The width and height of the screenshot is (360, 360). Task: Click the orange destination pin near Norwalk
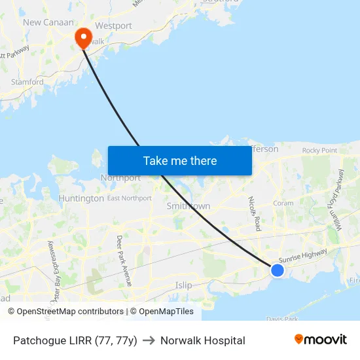(84, 37)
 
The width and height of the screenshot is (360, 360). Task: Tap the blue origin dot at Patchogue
(278, 270)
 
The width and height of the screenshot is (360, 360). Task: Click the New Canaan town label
(45, 22)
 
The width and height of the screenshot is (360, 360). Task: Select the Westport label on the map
(113, 26)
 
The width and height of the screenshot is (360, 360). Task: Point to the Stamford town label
(27, 82)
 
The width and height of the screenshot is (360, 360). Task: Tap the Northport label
(120, 178)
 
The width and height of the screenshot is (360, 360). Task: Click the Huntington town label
(81, 198)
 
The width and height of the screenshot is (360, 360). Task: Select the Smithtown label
(189, 206)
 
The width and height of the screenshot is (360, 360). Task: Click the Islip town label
(184, 285)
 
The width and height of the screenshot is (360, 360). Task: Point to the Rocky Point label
(319, 151)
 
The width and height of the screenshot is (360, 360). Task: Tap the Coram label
(283, 204)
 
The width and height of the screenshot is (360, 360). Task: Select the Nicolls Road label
(255, 213)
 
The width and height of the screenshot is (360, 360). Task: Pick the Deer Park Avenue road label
(124, 260)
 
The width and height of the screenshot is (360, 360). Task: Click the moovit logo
(320, 340)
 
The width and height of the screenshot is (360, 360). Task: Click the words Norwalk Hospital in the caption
(203, 340)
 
